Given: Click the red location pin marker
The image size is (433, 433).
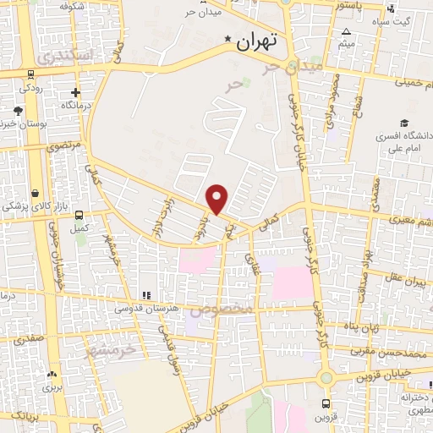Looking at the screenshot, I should [218, 198].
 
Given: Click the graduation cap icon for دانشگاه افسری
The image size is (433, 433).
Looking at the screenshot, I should [404, 123].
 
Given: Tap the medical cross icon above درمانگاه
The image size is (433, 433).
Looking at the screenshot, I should [76, 92].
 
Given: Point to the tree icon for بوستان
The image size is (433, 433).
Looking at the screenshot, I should [18, 111].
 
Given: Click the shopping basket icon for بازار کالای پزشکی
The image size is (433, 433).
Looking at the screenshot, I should [34, 193].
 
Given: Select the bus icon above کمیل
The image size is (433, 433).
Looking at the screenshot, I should [79, 216].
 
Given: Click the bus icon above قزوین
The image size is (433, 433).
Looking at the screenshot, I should [326, 403].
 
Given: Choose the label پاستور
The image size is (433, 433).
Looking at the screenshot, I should [350, 5].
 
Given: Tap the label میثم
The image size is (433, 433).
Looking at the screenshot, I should [346, 42].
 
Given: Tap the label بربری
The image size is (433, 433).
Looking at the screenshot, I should [53, 388].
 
